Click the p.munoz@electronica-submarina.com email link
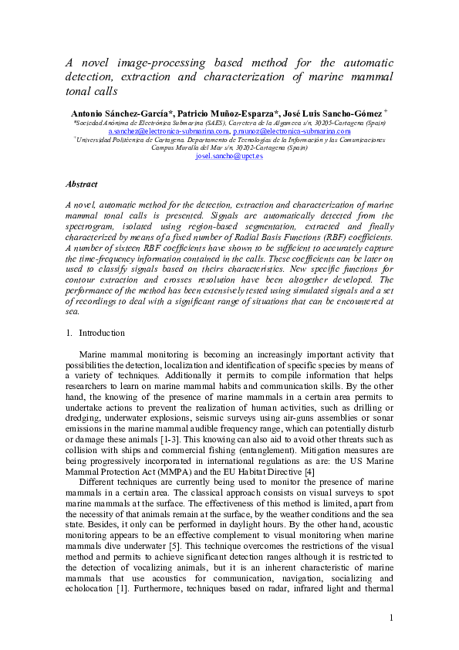tap(287, 131)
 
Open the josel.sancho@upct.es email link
tap(229, 156)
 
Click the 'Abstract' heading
tap(81, 185)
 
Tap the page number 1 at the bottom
tap(391, 617)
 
